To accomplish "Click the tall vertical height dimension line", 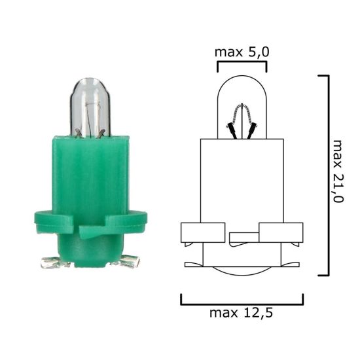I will coord(326,175).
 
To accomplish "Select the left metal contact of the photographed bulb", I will coord(52,263).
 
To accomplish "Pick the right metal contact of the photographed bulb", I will coord(128,262).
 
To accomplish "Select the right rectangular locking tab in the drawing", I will coord(281,232).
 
